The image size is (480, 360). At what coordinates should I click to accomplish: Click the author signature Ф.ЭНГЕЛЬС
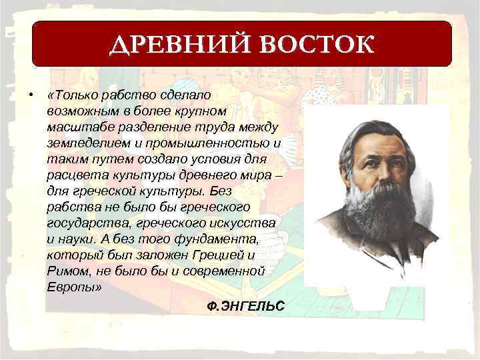pos(246,306)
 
